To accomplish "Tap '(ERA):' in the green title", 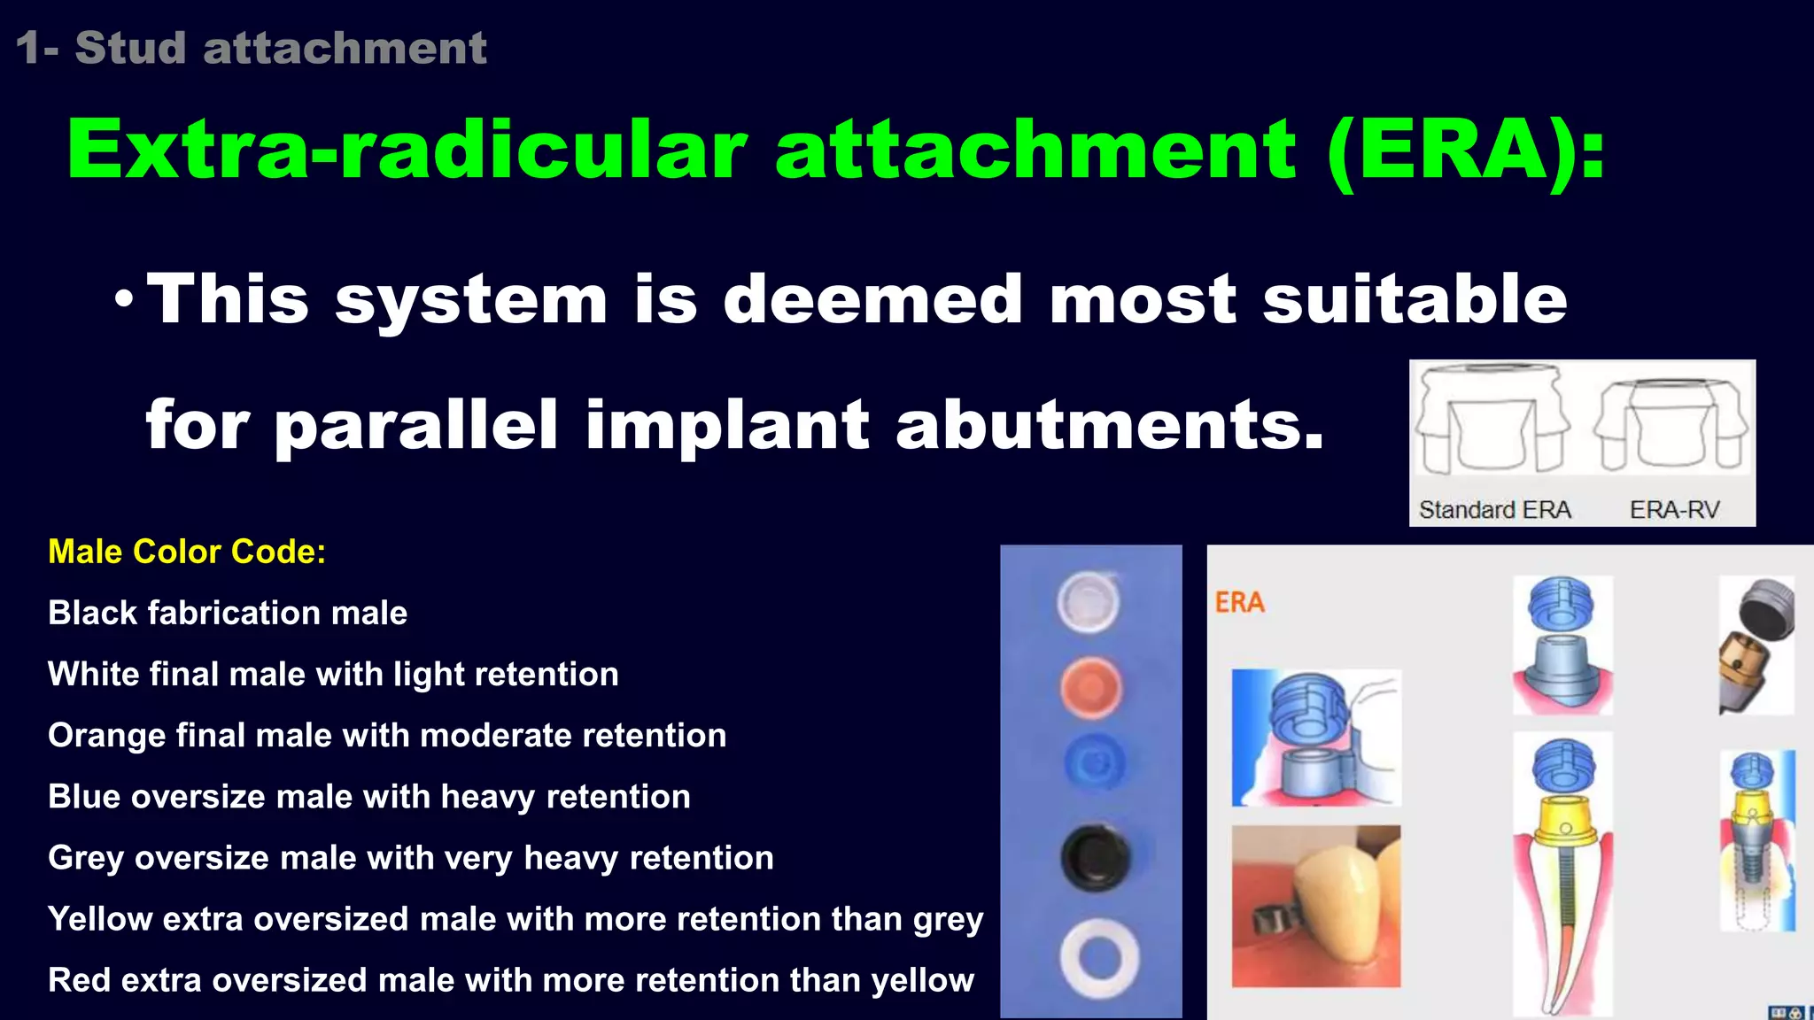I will tap(1466, 151).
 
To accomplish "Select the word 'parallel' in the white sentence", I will tap(416, 425).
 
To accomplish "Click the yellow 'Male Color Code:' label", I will tap(187, 552).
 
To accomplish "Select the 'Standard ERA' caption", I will tap(1494, 510).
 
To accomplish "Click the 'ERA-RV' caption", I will tap(1674, 510).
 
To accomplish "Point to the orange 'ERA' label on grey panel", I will tap(1239, 603).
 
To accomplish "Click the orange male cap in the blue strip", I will tap(1091, 688).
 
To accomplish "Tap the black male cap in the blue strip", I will tap(1095, 858).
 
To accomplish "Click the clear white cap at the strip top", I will tap(1088, 602).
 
